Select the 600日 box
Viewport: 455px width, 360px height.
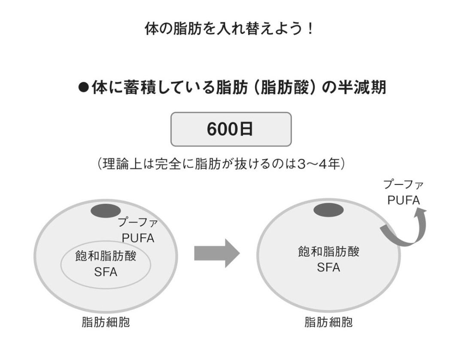point(231,129)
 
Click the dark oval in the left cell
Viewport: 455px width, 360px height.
point(105,212)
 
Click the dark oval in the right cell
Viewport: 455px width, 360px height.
point(328,211)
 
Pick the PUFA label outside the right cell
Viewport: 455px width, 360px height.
point(403,200)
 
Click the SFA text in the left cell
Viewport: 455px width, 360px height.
point(106,272)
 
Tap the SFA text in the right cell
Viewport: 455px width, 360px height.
point(328,267)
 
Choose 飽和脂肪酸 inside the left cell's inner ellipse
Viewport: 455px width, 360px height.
point(106,257)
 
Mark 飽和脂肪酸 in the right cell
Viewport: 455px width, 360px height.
point(328,252)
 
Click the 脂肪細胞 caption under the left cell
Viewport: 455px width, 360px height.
point(106,322)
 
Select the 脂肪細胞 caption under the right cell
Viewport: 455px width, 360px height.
point(328,322)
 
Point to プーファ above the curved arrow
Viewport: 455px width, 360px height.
point(403,185)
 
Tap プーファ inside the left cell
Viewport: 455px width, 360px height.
point(138,223)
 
